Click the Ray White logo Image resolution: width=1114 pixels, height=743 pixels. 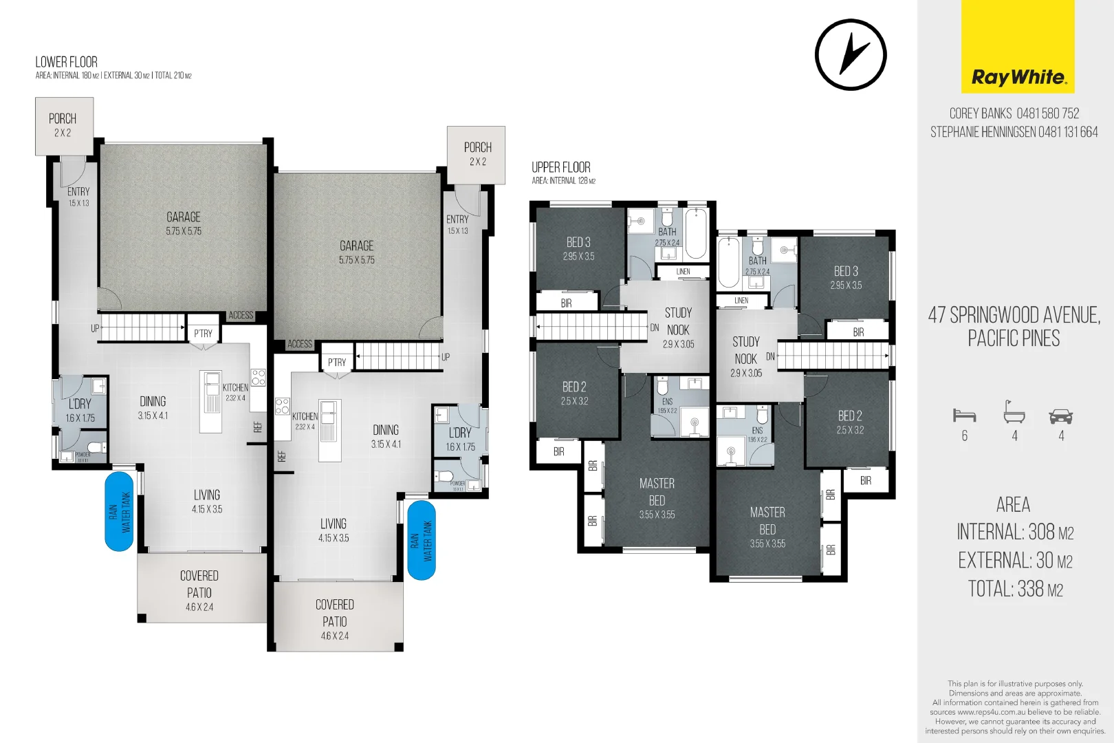pos(1018,47)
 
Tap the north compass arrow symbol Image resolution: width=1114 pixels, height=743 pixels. pos(851,55)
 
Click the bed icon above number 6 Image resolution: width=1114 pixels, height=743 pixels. pos(964,415)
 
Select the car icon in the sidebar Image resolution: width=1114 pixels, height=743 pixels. pos(1060,416)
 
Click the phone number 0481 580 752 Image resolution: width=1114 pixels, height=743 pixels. pos(1048,114)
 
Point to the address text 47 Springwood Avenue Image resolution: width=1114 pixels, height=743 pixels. pos(1014,315)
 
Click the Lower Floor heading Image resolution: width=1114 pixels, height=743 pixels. pos(67,62)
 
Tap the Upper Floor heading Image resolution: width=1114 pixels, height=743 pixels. pos(560,167)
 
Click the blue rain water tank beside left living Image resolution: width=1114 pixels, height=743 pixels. pos(119,511)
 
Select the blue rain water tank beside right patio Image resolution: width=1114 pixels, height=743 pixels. pos(422,540)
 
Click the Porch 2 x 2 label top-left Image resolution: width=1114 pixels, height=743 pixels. pos(63,125)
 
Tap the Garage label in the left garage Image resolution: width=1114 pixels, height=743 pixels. pos(183,217)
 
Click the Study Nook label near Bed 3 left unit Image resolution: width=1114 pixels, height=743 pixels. pos(678,321)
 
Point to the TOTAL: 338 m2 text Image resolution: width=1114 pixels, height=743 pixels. pos(1015,589)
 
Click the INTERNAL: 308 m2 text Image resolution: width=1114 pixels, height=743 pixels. pos(1015,532)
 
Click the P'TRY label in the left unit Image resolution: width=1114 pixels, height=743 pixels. pos(203,334)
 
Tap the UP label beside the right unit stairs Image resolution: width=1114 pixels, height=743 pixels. pos(446,357)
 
